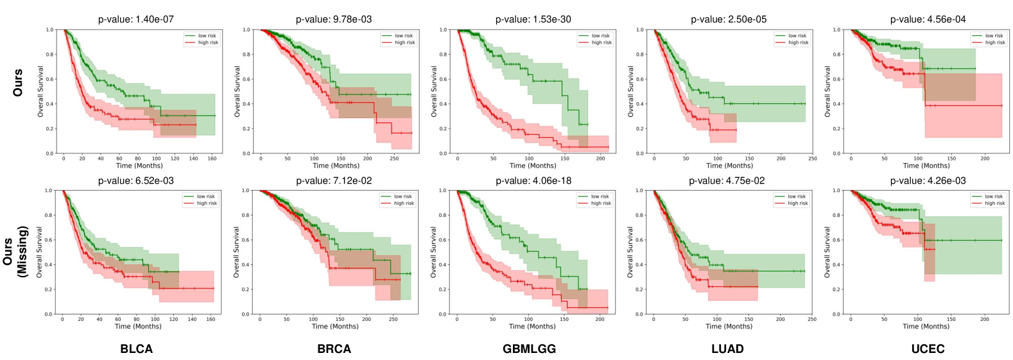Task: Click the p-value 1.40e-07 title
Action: (135, 19)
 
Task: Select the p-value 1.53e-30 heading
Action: (533, 19)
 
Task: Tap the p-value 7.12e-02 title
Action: (334, 181)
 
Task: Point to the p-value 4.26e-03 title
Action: (927, 181)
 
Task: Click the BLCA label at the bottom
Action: (137, 349)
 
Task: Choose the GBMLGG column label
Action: (529, 349)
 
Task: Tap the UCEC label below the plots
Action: (928, 349)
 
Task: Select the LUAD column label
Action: (727, 349)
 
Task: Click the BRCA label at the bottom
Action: (334, 349)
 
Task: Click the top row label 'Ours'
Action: (18, 83)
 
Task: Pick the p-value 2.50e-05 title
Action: (729, 19)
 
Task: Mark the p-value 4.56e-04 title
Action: (928, 19)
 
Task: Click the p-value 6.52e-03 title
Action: (135, 181)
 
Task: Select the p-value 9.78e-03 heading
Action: (333, 19)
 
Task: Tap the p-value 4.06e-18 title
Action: (533, 181)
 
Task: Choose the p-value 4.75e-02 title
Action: (727, 181)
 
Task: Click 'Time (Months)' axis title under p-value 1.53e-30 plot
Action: (532, 166)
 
